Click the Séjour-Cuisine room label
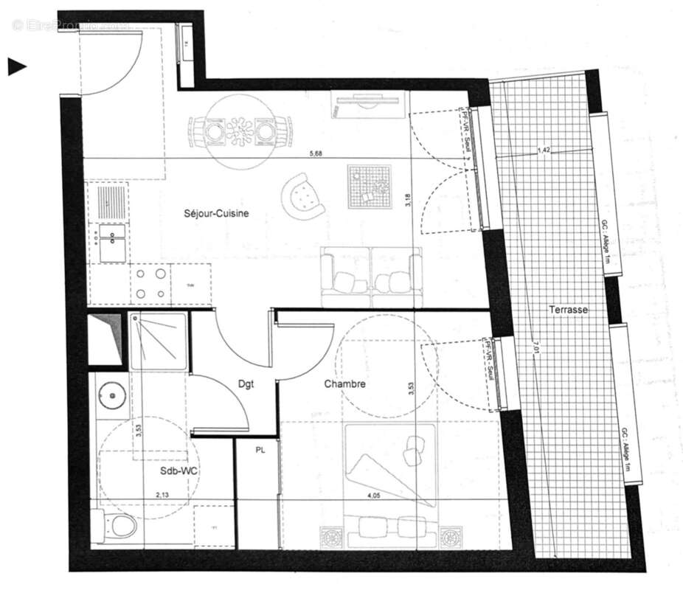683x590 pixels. pyautogui.click(x=216, y=214)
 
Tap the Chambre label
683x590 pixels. pyautogui.click(x=345, y=384)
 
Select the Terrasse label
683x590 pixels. pyautogui.click(x=568, y=310)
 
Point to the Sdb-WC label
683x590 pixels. pyautogui.click(x=178, y=470)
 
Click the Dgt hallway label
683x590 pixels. pyautogui.click(x=246, y=383)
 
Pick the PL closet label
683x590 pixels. pyautogui.click(x=260, y=448)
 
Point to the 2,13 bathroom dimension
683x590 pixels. pyautogui.click(x=163, y=496)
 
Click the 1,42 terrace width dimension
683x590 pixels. pyautogui.click(x=544, y=150)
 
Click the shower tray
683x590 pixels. pyautogui.click(x=159, y=340)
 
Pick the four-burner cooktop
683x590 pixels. pyautogui.click(x=150, y=284)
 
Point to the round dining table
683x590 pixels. pyautogui.click(x=238, y=133)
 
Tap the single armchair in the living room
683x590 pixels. pyautogui.click(x=304, y=194)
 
